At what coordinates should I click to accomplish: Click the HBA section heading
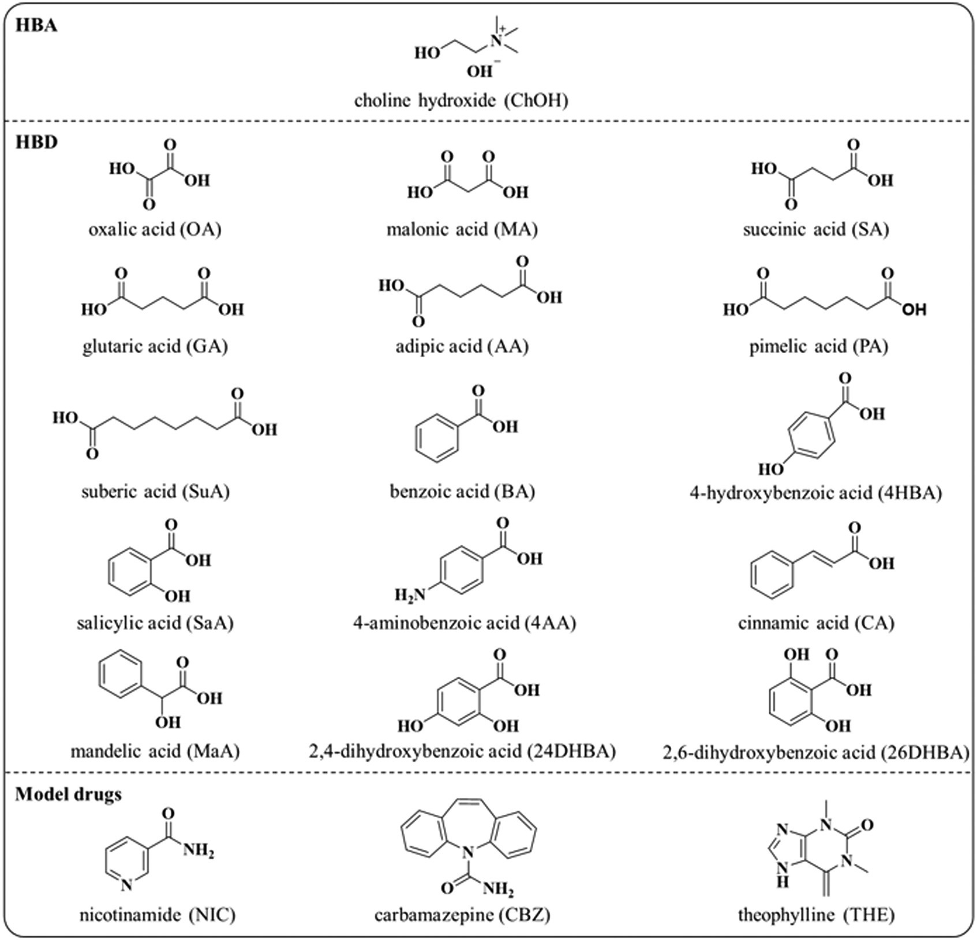click(36, 26)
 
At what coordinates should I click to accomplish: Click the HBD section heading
click(36, 142)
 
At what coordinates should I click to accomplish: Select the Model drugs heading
click(69, 794)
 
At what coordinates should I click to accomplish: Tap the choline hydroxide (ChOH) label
click(461, 100)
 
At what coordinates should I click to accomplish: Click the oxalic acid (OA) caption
click(155, 230)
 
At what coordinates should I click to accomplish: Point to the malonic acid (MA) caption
click(462, 230)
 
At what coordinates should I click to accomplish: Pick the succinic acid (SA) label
click(815, 230)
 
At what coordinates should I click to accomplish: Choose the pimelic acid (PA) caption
click(818, 346)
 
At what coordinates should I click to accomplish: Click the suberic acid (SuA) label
click(155, 492)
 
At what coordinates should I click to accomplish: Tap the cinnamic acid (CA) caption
click(815, 623)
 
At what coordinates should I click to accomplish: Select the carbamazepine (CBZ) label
click(462, 915)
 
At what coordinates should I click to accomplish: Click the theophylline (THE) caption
click(815, 915)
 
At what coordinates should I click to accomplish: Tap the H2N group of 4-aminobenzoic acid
click(410, 594)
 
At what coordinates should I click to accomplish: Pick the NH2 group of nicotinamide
click(199, 850)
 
